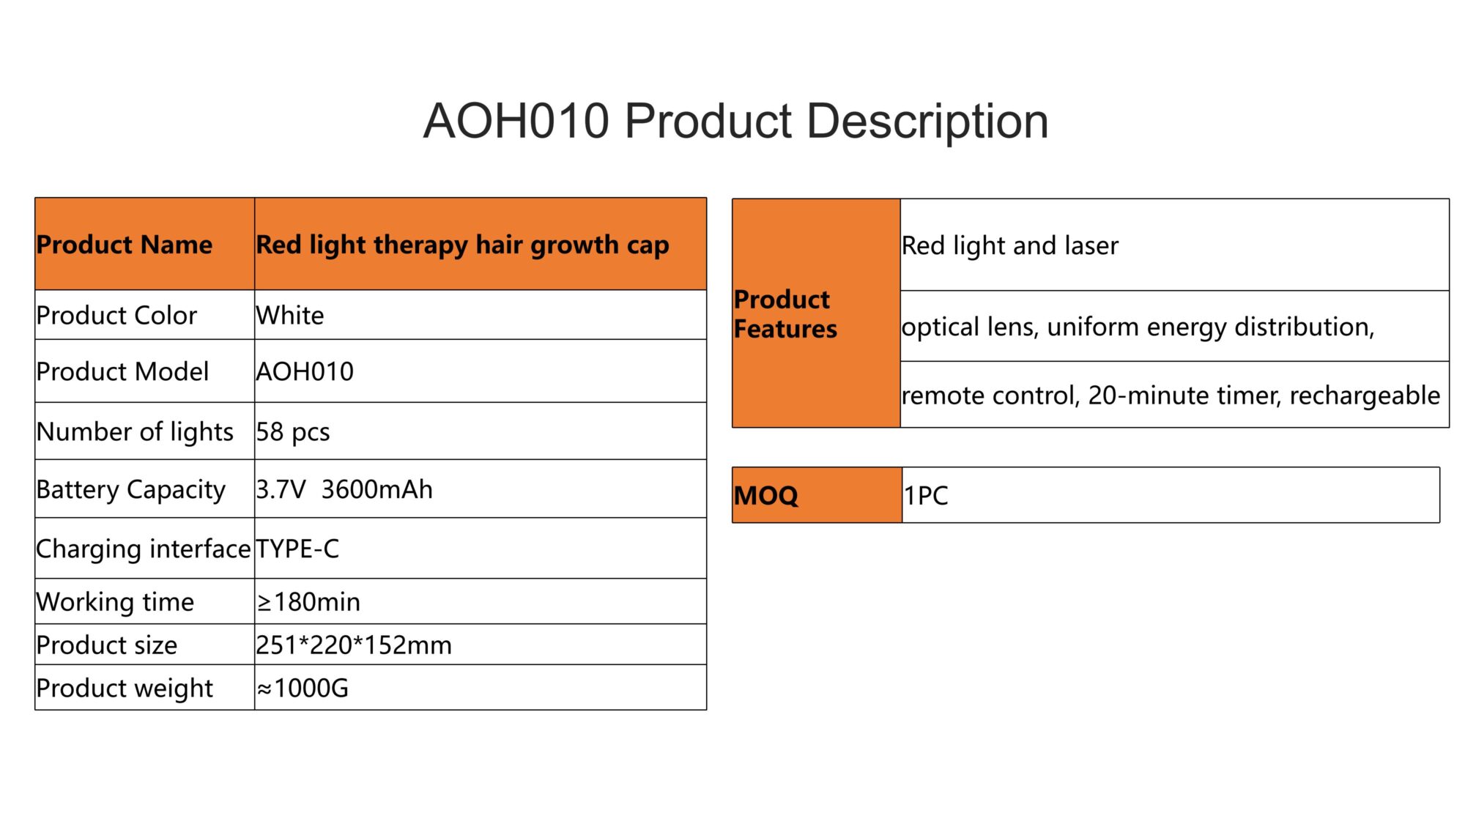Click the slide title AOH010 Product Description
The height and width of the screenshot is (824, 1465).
(x=735, y=121)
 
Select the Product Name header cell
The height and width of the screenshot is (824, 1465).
(x=145, y=244)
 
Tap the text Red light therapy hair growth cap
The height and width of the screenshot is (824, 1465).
(x=462, y=245)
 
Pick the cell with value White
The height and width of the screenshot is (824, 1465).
(x=481, y=315)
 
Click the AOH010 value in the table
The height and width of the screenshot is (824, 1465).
(x=305, y=371)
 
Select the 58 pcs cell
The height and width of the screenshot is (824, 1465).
(x=481, y=431)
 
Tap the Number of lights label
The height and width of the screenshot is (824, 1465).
(x=135, y=432)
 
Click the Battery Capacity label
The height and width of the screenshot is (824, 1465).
(x=131, y=490)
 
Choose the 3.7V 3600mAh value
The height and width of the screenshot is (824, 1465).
(x=344, y=489)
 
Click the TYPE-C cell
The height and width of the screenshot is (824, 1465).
(x=481, y=549)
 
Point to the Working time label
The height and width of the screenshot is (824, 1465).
(x=115, y=602)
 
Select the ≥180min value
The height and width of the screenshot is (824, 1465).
(x=308, y=602)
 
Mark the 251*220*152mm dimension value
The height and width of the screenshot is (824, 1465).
(x=354, y=645)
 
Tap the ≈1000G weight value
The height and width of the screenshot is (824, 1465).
(x=303, y=688)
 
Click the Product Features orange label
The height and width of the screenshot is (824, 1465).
(x=816, y=313)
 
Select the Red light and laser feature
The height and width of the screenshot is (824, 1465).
(x=1010, y=245)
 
